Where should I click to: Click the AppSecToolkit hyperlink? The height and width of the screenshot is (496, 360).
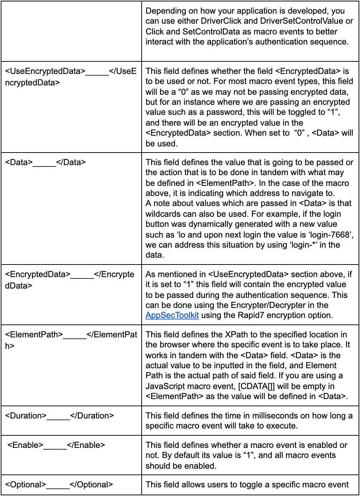[172, 315]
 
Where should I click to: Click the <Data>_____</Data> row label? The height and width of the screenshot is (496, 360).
[46, 162]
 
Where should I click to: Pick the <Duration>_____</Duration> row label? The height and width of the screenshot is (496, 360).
[60, 416]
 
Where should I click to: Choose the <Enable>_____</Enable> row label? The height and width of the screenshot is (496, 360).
[56, 445]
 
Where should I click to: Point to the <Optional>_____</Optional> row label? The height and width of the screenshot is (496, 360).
[59, 485]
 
